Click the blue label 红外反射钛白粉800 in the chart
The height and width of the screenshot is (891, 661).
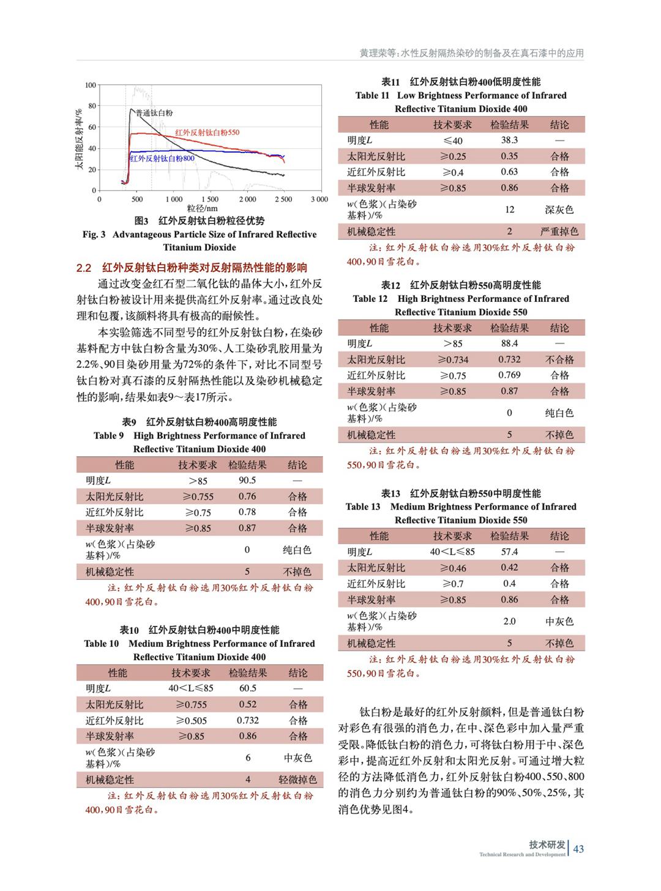coord(162,159)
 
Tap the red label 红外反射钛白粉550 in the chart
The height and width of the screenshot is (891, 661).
coord(207,132)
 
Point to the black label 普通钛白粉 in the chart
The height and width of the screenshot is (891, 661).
coord(154,113)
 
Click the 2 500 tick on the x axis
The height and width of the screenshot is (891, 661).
coord(283,199)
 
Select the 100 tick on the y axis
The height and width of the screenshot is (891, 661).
coord(91,85)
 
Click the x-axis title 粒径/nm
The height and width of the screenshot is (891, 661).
coord(202,208)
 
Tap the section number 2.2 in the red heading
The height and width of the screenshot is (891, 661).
coord(84,268)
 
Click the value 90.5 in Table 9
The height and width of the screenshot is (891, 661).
coord(247,481)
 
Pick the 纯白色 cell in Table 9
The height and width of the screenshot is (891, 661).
coord(297,550)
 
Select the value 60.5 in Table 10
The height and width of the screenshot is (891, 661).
coord(248,688)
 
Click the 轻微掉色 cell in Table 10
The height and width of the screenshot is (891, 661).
coord(297,780)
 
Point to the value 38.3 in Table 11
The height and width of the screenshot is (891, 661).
coord(509,140)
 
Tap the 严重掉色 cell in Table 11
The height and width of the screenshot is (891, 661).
coord(559,231)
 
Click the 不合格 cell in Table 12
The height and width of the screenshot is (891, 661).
coord(559,359)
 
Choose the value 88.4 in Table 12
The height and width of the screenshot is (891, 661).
coord(509,344)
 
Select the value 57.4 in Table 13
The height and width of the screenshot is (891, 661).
coord(509,552)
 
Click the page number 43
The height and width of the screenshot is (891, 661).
coord(578,849)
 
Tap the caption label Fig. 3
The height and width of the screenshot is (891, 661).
coord(94,235)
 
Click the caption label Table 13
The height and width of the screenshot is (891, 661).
coord(363,507)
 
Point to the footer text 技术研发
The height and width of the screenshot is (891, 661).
coord(547,844)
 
